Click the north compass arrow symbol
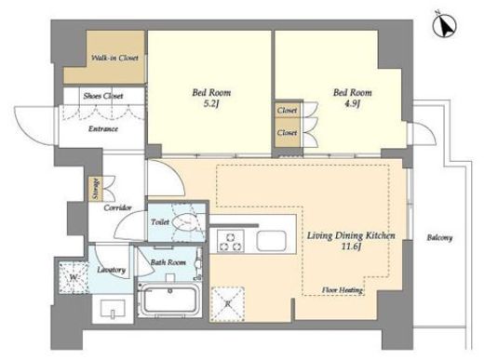(444, 26)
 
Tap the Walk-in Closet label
(114, 58)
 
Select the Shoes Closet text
(103, 96)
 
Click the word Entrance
(103, 128)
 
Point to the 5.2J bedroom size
(211, 103)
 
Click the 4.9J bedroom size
(352, 103)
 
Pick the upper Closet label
(287, 110)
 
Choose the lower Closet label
(287, 133)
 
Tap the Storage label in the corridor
(96, 189)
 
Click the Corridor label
(117, 207)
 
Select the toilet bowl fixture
(185, 222)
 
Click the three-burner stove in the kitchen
(230, 241)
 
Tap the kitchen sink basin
(272, 241)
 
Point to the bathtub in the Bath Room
(169, 300)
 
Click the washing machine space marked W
(74, 277)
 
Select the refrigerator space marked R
(228, 304)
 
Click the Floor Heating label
(343, 290)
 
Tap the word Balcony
(439, 238)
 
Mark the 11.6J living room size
(351, 247)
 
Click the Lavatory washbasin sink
(113, 309)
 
